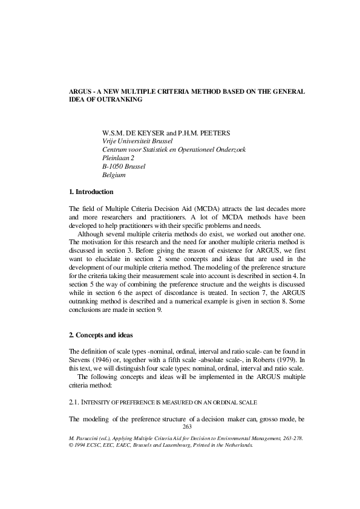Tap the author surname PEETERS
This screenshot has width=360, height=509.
(216, 132)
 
